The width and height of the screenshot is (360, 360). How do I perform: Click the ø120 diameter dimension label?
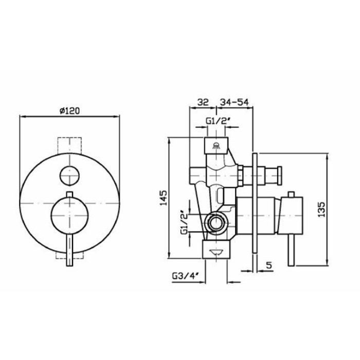coord(69,111)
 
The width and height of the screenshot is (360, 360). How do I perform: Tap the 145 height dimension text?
coord(164,198)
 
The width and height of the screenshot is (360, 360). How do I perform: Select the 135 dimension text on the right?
coord(321,209)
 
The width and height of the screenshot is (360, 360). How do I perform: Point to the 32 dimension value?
coord(203,102)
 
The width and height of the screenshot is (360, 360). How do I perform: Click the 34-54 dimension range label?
coord(234,102)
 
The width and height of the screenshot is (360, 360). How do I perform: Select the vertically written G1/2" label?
coord(185,222)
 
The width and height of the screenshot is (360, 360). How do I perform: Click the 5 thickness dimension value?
coord(269,265)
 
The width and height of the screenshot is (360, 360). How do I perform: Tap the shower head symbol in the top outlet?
coord(216,146)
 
